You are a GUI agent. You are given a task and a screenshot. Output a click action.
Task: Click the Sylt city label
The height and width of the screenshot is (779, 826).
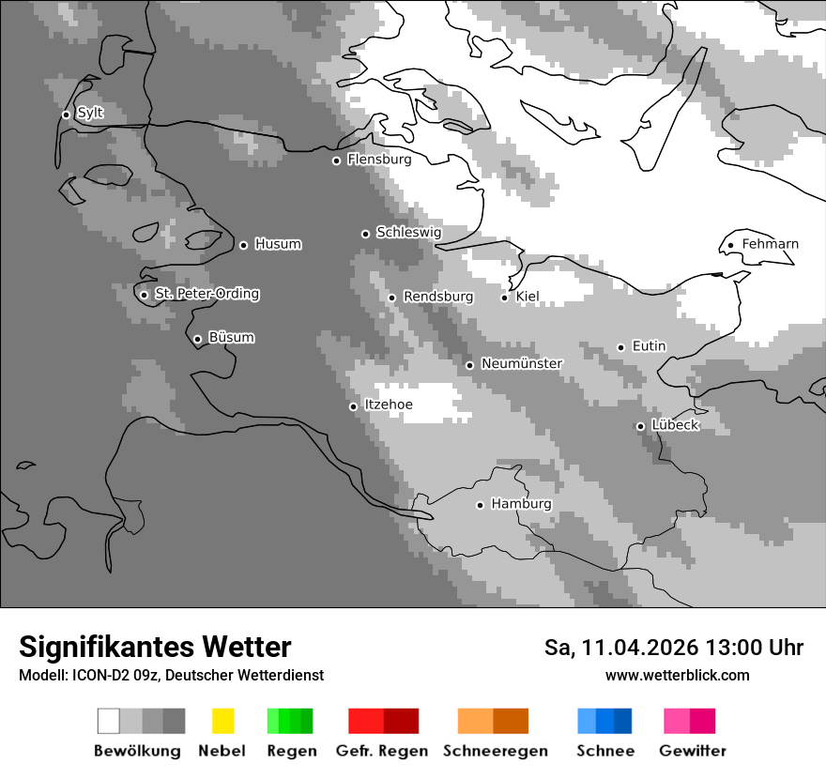click(x=90, y=114)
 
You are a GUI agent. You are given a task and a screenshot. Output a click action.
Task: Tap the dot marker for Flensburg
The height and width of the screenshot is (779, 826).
click(x=336, y=160)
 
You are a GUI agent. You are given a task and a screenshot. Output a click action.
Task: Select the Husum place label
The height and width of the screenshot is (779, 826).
click(x=278, y=244)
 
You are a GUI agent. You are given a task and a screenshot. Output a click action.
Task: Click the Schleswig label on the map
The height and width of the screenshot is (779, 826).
click(x=408, y=232)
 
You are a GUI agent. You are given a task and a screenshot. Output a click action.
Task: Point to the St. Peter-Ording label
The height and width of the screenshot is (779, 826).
click(x=206, y=294)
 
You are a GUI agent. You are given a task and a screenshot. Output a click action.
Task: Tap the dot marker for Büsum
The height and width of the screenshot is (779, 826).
click(x=197, y=339)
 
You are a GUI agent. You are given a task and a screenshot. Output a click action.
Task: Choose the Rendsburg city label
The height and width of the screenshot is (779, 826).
click(x=437, y=297)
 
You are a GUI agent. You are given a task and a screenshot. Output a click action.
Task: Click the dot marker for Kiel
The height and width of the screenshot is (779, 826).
click(x=504, y=298)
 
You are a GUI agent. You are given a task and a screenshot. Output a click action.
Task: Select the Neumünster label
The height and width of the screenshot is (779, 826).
click(x=521, y=363)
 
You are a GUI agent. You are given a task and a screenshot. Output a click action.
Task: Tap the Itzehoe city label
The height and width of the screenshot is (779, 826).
click(x=388, y=405)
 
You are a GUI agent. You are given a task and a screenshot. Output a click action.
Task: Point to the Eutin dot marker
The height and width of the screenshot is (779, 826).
click(x=620, y=347)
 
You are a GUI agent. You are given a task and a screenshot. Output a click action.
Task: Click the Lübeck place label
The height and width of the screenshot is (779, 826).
click(x=675, y=425)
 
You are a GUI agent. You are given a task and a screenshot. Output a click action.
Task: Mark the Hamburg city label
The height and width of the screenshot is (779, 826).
click(x=521, y=504)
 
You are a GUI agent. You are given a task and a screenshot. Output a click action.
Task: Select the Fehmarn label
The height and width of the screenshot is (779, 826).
click(x=770, y=244)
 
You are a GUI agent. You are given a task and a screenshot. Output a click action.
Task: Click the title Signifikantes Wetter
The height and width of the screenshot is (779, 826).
click(x=155, y=647)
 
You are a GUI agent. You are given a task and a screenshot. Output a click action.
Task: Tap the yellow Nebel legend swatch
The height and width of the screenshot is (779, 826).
click(x=222, y=721)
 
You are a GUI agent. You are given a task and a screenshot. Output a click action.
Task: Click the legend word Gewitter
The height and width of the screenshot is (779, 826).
click(x=692, y=751)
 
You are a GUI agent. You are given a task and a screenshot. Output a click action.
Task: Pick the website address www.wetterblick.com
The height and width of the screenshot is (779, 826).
click(x=677, y=675)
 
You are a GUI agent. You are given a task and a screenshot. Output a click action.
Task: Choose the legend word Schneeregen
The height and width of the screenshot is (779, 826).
click(x=495, y=751)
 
